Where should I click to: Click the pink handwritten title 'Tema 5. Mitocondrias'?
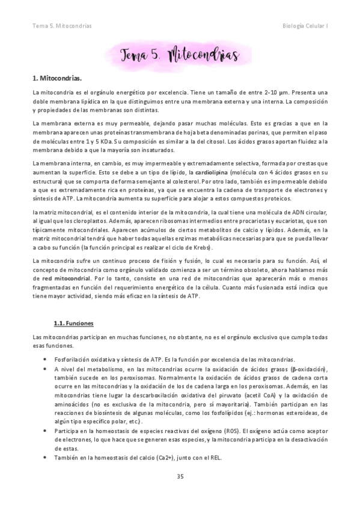(180, 55)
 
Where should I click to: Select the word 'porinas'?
(246, 131)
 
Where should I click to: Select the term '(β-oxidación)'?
(308, 368)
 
